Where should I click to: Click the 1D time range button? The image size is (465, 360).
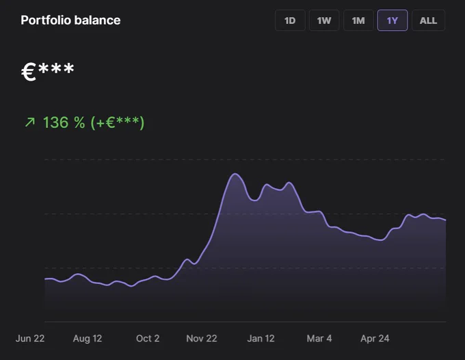pyautogui.click(x=290, y=21)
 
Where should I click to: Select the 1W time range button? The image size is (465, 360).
pyautogui.click(x=324, y=21)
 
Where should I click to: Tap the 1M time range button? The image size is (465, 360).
pyautogui.click(x=358, y=21)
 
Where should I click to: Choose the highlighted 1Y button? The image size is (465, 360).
pyautogui.click(x=393, y=21)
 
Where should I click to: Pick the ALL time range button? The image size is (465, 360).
pyautogui.click(x=428, y=21)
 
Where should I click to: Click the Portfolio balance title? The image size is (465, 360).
pyautogui.click(x=70, y=20)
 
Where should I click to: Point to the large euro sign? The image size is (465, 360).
pyautogui.click(x=29, y=72)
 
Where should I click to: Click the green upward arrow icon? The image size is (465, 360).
pyautogui.click(x=30, y=122)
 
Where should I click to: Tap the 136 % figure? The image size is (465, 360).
pyautogui.click(x=64, y=123)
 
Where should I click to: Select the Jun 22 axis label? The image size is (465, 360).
pyautogui.click(x=30, y=338)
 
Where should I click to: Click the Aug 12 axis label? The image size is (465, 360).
pyautogui.click(x=88, y=338)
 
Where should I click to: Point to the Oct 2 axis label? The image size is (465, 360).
pyautogui.click(x=148, y=338)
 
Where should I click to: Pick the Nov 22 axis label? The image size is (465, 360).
pyautogui.click(x=202, y=338)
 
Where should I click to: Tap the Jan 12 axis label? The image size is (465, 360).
pyautogui.click(x=261, y=338)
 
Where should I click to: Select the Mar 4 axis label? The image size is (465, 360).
pyautogui.click(x=319, y=338)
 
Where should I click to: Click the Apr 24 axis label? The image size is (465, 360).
pyautogui.click(x=375, y=338)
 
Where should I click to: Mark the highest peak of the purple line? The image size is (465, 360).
pyautogui.click(x=235, y=174)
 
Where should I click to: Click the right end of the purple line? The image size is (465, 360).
pyautogui.click(x=446, y=220)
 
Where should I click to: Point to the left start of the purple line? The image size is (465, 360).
pyautogui.click(x=44, y=279)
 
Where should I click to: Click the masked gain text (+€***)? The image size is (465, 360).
pyautogui.click(x=118, y=123)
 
